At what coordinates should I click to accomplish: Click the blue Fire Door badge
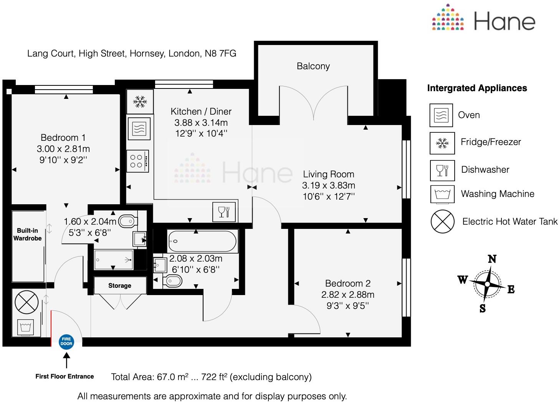pyautogui.click(x=66, y=342)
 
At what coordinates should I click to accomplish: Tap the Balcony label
pyautogui.click(x=313, y=66)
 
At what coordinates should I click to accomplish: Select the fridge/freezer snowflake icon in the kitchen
pyautogui.click(x=140, y=102)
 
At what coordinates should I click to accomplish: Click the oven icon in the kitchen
pyautogui.click(x=139, y=129)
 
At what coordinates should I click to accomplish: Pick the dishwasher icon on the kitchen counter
pyautogui.click(x=223, y=212)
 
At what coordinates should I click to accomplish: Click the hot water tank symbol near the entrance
pyautogui.click(x=26, y=302)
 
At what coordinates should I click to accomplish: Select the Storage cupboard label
pyautogui.click(x=119, y=285)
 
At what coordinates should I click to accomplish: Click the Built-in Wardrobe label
pyautogui.click(x=27, y=234)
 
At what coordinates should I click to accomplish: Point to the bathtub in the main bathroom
pyautogui.click(x=202, y=241)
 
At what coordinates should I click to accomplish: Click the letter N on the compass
pyautogui.click(x=492, y=259)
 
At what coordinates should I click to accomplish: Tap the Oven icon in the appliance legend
pyautogui.click(x=441, y=115)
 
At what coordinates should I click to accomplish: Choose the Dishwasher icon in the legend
pyautogui.click(x=442, y=170)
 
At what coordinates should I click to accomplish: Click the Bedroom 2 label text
pyautogui.click(x=347, y=284)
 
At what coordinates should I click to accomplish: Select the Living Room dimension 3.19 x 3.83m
pyautogui.click(x=328, y=185)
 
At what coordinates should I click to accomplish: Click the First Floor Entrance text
pyautogui.click(x=64, y=377)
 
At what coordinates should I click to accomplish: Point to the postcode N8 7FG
pyautogui.click(x=220, y=53)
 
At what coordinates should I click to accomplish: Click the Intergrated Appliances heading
pyautogui.click(x=477, y=88)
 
